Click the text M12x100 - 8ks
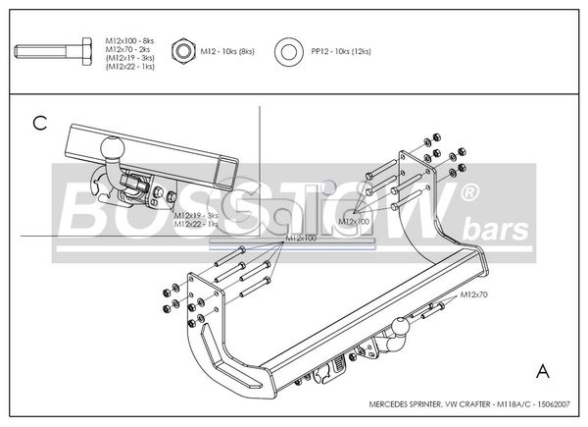128,34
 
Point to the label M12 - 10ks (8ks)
226,50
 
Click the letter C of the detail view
39,123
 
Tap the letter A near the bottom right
542,371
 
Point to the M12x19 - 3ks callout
196,215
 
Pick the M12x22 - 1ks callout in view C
196,224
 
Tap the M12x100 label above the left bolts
301,239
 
